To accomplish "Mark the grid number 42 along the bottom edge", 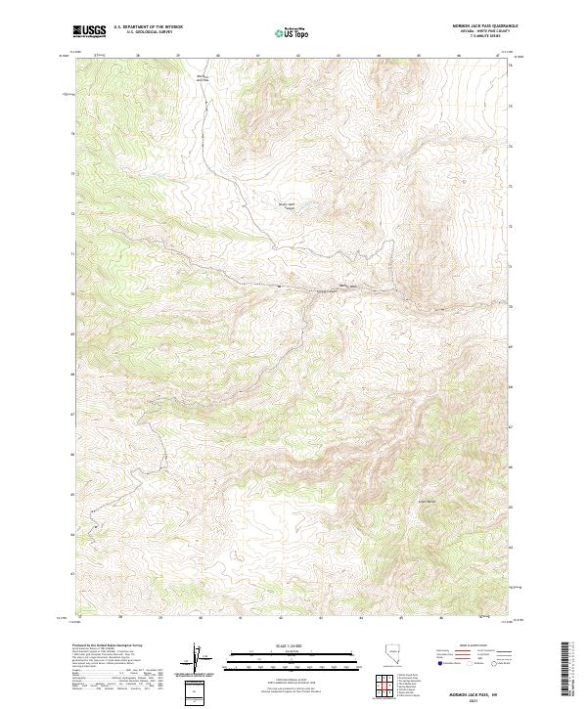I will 280,618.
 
